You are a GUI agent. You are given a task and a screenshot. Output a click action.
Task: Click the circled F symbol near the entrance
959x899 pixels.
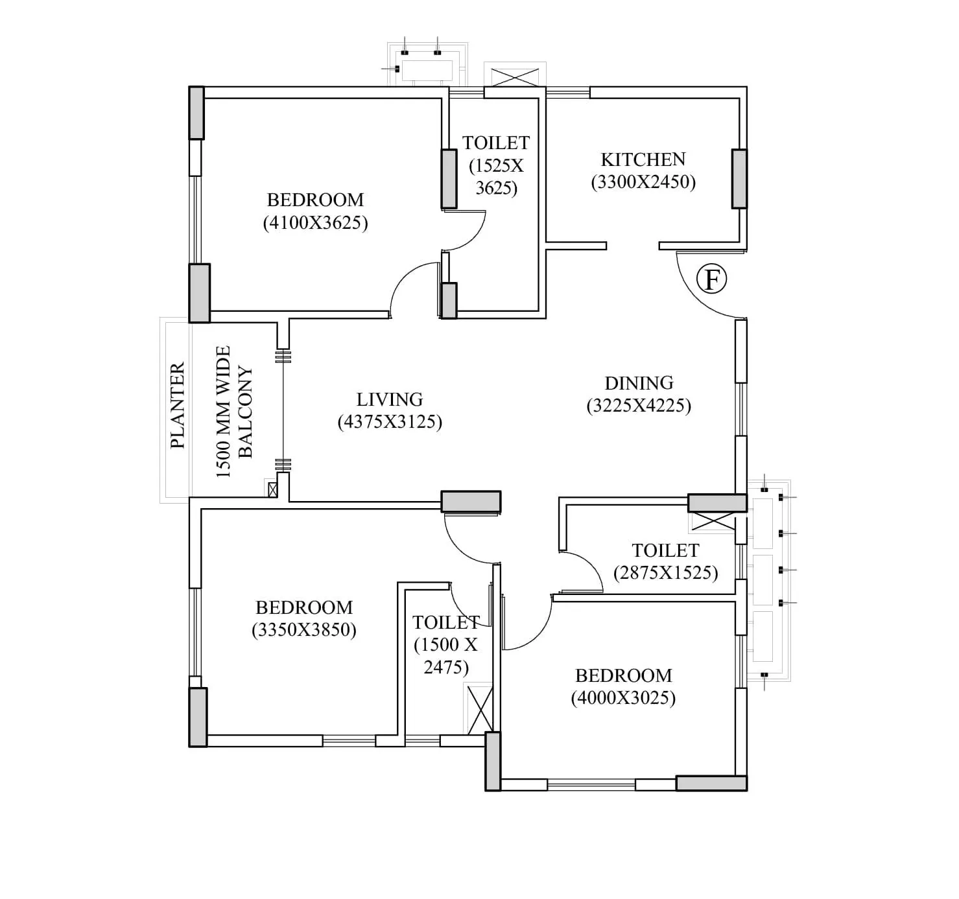[x=711, y=279]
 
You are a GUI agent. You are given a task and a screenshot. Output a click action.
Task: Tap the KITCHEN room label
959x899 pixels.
[x=643, y=159]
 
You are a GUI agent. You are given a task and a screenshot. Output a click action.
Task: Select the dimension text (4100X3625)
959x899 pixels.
[x=315, y=223]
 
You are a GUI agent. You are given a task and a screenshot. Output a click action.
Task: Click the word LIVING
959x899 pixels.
[x=389, y=399]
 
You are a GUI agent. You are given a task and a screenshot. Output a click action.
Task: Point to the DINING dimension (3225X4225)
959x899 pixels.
[x=639, y=406]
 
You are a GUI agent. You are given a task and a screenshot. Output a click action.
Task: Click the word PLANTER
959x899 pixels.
[x=177, y=406]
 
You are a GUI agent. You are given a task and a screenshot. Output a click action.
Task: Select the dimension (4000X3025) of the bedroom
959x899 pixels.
[x=623, y=698]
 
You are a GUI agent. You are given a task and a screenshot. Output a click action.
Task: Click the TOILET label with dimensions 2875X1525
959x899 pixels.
[x=665, y=550]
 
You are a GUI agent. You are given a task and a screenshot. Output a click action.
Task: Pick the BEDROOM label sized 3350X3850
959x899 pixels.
[x=304, y=607]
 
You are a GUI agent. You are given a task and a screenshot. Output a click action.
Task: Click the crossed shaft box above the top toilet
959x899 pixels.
[x=515, y=76]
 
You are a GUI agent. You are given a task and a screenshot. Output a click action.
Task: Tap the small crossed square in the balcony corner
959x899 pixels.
[x=272, y=489]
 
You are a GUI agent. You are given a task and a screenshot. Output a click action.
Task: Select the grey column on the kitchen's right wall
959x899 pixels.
[x=739, y=179]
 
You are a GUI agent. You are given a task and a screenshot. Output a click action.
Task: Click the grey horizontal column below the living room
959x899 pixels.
[x=471, y=501]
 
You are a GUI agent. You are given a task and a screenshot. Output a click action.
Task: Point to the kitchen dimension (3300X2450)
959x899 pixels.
[x=643, y=182]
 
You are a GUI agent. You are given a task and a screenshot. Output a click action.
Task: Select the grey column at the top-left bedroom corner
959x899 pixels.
[x=196, y=113]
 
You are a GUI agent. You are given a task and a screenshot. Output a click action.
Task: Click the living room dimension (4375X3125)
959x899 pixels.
[x=390, y=422]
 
